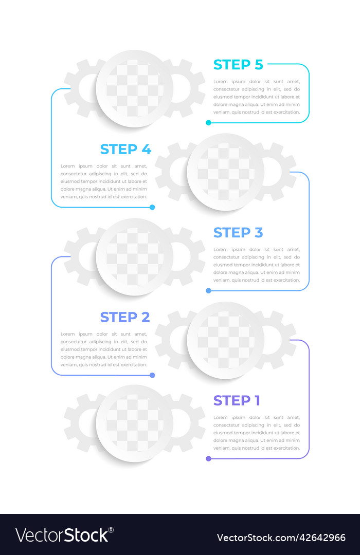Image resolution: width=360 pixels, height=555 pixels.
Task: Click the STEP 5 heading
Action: [x=238, y=65]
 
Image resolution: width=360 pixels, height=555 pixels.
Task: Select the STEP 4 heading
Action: [x=125, y=149]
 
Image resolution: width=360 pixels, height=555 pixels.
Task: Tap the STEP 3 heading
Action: [x=238, y=233]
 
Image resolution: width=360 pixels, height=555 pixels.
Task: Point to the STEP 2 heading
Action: [x=125, y=317]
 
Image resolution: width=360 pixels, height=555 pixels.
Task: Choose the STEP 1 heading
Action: [x=237, y=400]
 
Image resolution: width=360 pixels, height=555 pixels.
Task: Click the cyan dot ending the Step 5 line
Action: [x=208, y=123]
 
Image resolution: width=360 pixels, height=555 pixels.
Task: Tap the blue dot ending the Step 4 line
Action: [x=152, y=207]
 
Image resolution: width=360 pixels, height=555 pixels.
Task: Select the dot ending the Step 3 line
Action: [x=208, y=290]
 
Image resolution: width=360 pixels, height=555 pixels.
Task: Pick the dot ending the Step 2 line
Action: [x=152, y=375]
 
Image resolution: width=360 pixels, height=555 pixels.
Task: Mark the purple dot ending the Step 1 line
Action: [x=208, y=458]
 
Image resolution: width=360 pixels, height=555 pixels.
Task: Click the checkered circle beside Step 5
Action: [x=135, y=88]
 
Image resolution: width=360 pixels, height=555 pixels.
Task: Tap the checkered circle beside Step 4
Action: [x=225, y=172]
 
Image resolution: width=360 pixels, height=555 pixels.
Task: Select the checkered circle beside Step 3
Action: [x=135, y=256]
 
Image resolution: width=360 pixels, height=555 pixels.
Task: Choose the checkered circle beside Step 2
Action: [x=225, y=340]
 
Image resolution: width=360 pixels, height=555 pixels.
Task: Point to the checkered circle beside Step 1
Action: [x=135, y=423]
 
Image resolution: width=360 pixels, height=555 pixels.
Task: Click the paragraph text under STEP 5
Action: [x=257, y=97]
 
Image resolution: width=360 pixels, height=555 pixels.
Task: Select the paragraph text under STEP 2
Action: [x=104, y=349]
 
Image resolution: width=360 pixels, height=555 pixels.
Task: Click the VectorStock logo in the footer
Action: [x=64, y=535]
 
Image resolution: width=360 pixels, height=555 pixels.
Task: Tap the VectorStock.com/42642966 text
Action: [x=281, y=538]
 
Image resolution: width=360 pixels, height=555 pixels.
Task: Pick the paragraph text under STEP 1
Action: [x=257, y=433]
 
